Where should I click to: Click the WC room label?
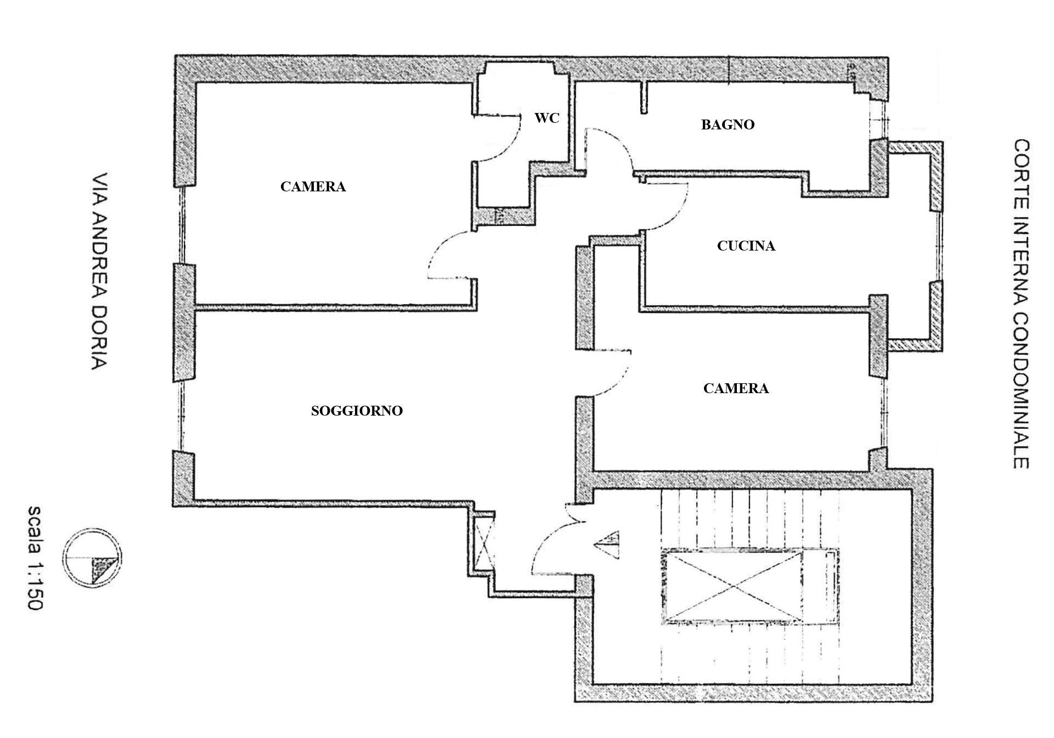click(546, 118)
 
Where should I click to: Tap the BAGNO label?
click(728, 125)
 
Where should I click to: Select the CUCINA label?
click(746, 246)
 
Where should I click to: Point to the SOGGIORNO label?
click(357, 411)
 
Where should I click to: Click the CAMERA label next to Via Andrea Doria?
click(313, 187)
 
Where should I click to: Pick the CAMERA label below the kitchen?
click(736, 389)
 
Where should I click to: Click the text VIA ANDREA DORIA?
click(99, 272)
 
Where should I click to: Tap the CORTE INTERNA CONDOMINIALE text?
click(1021, 304)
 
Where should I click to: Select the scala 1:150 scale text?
click(34, 558)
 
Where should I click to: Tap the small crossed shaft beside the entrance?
click(483, 543)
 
